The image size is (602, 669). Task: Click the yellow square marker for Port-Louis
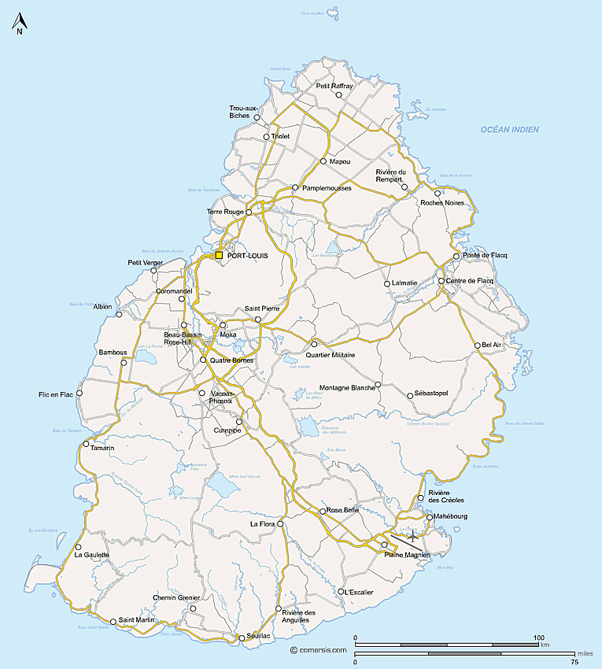coord(219,255)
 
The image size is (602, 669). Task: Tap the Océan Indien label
coord(510,129)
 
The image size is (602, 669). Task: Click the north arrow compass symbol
coord(19,25)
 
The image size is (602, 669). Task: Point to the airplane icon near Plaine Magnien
coord(412,537)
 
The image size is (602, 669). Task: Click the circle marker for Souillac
coord(242,638)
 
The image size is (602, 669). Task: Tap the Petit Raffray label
coord(335,86)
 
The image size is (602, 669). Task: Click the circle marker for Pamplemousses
coord(295,187)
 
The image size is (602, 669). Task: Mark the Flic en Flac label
coord(56,394)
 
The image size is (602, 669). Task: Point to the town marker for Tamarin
coord(86,444)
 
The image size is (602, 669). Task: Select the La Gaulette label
coord(91,555)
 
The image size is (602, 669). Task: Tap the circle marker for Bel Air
coord(477,345)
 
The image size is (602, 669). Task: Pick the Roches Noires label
coord(442,203)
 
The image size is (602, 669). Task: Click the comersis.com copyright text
coord(318,650)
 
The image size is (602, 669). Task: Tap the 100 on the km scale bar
coord(538,638)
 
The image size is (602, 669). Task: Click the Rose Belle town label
coord(342,510)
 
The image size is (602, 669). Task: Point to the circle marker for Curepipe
coord(239,422)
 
